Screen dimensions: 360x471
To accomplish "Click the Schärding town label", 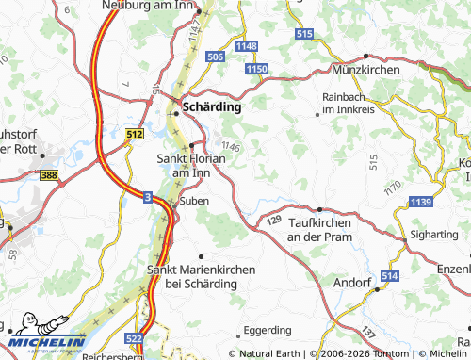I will [x=212, y=107].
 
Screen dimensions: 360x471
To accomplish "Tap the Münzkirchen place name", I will [x=366, y=70].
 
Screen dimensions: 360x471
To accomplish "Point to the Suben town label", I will [x=194, y=201].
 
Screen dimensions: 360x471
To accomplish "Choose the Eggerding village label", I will [x=268, y=331].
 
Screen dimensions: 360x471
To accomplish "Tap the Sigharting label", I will [x=434, y=229].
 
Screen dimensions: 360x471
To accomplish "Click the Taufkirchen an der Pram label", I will [x=325, y=229].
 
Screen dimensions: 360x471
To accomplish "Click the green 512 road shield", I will [x=134, y=136].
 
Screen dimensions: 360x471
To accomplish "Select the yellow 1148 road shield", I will [x=247, y=46].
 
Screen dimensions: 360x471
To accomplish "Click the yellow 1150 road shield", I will [x=255, y=70].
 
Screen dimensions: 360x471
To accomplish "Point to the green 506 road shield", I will [x=215, y=57].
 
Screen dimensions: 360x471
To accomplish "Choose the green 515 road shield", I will [x=303, y=34].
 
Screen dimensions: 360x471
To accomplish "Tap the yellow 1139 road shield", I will [x=421, y=202].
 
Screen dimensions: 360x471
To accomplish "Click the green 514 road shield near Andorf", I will [x=389, y=275].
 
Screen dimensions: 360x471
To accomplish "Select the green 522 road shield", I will [x=137, y=337].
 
